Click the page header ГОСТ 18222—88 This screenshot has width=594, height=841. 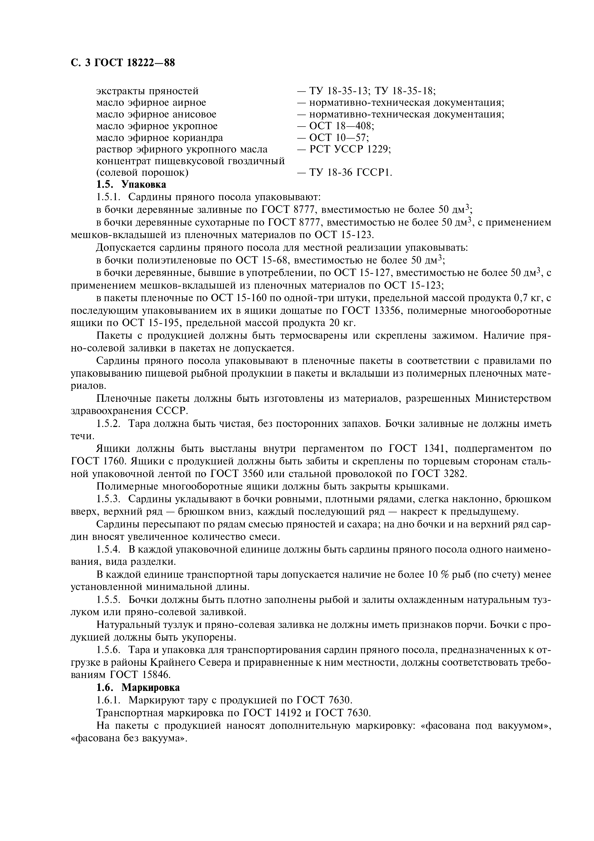coord(123,63)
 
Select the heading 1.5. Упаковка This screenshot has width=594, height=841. coord(131,184)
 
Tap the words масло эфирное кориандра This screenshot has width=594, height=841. coord(159,138)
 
